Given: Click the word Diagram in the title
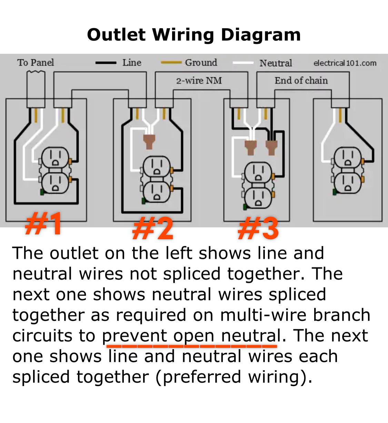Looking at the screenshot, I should tap(260, 35).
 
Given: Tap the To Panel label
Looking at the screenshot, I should tap(36, 62).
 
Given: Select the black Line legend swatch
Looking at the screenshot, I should tap(106, 63).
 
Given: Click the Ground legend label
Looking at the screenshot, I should tap(201, 62).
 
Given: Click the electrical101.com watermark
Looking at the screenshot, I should tap(345, 63).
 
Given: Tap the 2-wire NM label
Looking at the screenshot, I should tap(199, 81).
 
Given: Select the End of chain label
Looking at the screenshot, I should tap(301, 81).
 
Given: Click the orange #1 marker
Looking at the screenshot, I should tap(44, 223).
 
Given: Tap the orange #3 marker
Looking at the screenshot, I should tap(258, 228).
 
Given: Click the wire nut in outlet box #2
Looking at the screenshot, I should tap(149, 141).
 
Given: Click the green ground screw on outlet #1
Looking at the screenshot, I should tap(41, 192).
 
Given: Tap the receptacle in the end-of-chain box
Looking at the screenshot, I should tap(348, 170).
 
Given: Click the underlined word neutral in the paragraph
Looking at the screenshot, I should tap(251, 335).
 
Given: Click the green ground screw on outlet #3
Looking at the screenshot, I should tap(245, 207).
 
